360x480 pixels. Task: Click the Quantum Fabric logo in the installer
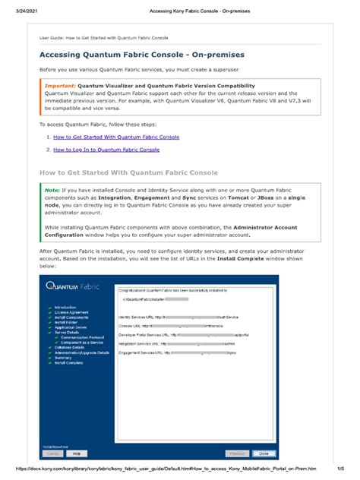(x=71, y=286)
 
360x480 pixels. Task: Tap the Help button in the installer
(x=75, y=453)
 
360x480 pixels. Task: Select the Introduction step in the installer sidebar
(x=66, y=308)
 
